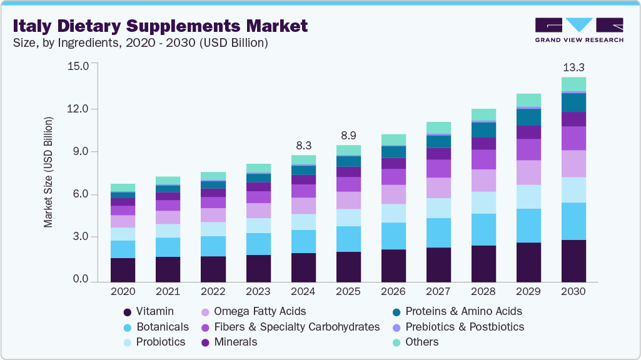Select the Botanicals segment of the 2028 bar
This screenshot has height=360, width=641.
click(483, 229)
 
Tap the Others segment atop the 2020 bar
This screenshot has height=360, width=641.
click(123, 187)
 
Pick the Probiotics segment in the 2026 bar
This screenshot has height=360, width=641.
click(393, 213)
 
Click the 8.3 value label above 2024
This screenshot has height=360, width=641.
click(303, 145)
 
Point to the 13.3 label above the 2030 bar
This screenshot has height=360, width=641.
click(573, 67)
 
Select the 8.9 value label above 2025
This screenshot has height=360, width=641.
click(348, 135)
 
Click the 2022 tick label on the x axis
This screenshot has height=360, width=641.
click(213, 291)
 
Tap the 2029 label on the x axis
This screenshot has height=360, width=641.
click(528, 291)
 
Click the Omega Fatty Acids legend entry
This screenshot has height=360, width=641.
click(260, 311)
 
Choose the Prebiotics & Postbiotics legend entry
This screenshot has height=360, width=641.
click(465, 326)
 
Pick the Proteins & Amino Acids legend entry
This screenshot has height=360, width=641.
click(463, 311)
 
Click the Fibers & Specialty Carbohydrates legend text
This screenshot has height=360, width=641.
click(297, 326)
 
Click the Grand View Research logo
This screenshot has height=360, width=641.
click(579, 29)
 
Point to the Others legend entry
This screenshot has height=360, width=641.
click(421, 342)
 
